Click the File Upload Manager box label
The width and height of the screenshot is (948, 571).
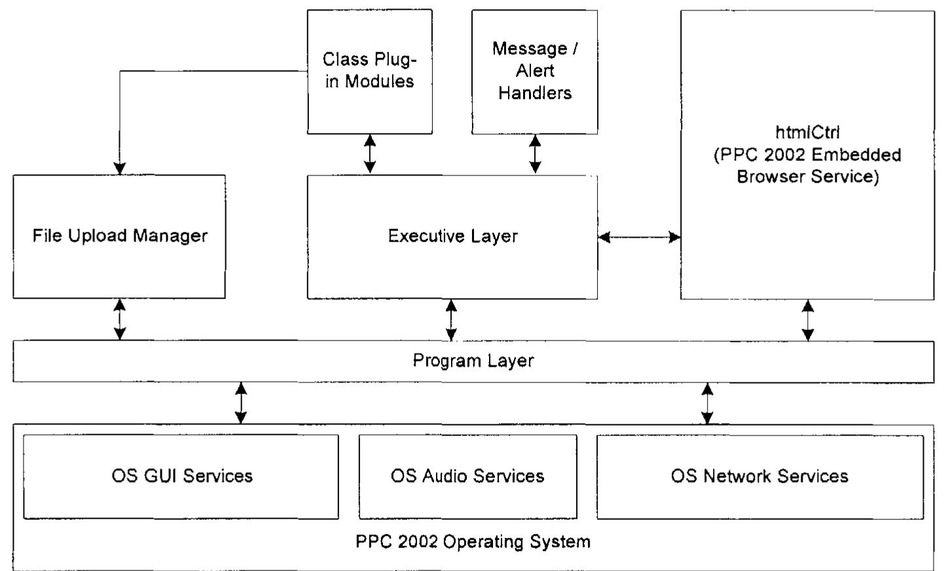120,236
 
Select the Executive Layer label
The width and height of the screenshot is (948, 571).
452,236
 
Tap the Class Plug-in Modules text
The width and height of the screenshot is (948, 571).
370,70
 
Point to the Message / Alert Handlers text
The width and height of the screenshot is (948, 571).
534,71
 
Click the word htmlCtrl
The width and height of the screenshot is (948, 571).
807,132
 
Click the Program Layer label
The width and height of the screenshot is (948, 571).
473,361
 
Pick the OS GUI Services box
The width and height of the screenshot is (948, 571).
181,476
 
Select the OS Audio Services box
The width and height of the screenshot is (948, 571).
467,476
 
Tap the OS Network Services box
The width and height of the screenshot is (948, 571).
759,476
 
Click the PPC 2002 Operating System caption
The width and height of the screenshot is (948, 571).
473,542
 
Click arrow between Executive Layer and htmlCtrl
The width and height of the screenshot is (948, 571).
639,237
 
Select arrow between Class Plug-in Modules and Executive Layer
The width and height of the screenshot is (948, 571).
370,155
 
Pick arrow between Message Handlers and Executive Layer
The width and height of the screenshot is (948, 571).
535,155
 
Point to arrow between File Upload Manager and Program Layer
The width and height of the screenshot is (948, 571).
120,320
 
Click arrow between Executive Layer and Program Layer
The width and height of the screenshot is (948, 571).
451,320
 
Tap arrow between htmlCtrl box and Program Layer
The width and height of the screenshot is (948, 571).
808,320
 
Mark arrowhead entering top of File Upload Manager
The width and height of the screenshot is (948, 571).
120,168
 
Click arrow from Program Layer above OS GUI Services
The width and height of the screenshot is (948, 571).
241,403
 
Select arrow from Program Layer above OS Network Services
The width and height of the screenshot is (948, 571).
707,403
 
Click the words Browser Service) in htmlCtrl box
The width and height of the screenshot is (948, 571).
807,177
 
